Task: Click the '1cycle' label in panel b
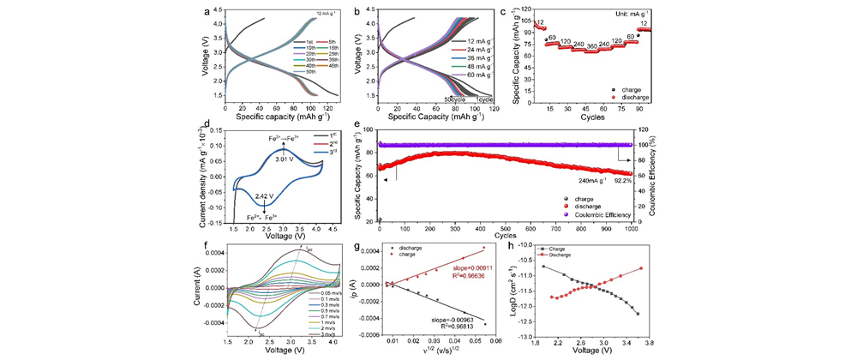pyautogui.click(x=486, y=100)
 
